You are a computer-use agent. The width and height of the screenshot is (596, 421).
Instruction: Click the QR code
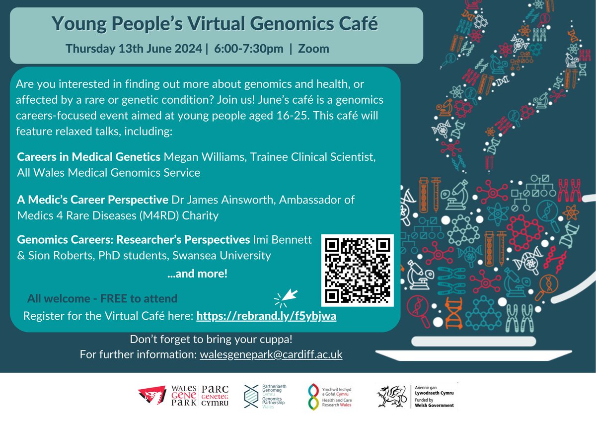[358, 270]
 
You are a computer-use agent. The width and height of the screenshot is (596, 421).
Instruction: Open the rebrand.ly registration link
[267, 316]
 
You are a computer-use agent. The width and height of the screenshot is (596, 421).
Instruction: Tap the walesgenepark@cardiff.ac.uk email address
[271, 355]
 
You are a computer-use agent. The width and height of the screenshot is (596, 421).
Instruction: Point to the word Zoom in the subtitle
[313, 49]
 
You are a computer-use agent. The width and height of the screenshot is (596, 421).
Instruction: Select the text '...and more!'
[197, 273]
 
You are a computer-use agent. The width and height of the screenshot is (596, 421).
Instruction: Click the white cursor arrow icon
[287, 297]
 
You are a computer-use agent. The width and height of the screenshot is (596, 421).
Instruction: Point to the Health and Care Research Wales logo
[312, 397]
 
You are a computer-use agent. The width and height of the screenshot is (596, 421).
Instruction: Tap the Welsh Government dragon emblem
[392, 397]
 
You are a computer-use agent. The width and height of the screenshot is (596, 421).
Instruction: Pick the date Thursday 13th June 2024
[134, 49]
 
